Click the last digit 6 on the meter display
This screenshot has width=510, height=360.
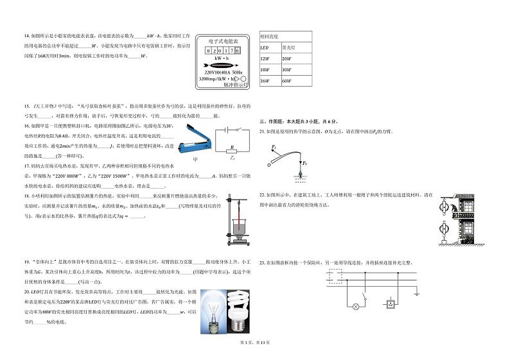click(237, 50)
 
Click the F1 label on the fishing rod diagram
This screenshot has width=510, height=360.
click(274, 147)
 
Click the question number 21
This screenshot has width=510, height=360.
click(261, 131)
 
